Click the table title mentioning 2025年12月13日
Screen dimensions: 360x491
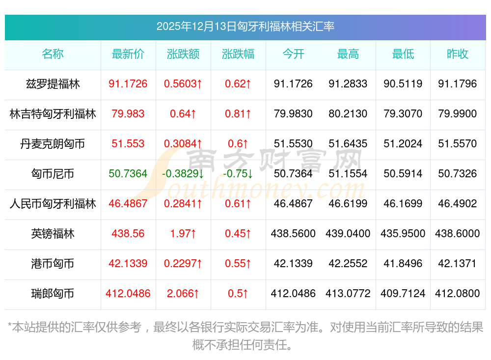coord(245,27)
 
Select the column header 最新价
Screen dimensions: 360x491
coord(128,55)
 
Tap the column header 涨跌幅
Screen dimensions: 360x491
coord(238,55)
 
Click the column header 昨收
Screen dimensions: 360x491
coord(458,55)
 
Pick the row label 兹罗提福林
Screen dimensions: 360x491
coord(53,84)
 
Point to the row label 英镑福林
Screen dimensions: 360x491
coord(53,234)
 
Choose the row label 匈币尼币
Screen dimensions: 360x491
coord(53,174)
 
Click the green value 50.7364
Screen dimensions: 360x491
coord(128,174)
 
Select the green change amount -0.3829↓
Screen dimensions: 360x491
coord(183,174)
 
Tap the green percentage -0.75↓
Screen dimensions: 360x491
coord(238,174)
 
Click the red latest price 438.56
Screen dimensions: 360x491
coord(128,234)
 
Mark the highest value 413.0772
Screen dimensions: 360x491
coord(348,294)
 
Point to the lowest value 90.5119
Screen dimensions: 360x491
coord(403,84)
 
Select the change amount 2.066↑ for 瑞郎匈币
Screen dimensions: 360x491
coord(183,294)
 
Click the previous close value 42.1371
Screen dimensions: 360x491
coord(458,264)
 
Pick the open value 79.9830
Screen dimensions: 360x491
coord(293,114)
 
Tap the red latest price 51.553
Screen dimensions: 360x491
coord(128,144)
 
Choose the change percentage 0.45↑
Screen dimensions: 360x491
coord(238,234)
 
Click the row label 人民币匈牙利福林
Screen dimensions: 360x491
coord(53,204)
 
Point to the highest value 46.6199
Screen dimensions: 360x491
coord(348,204)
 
